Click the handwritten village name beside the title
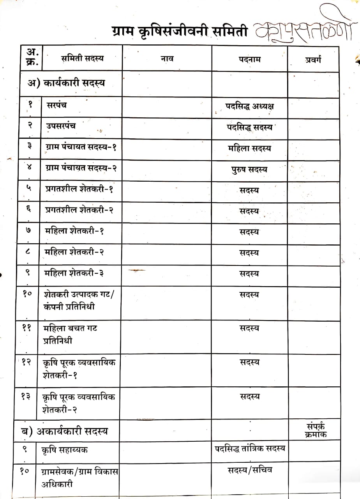304,27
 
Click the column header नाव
167,58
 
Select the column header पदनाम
249,59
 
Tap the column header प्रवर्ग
313,59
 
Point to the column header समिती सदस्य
83,58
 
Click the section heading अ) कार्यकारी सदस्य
66,83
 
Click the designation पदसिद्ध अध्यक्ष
249,106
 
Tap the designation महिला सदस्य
249,148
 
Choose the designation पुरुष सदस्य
249,170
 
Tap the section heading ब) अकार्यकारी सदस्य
64,431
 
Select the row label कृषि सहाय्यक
64,449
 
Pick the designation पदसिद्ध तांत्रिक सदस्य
250,448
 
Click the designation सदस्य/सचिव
250,470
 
